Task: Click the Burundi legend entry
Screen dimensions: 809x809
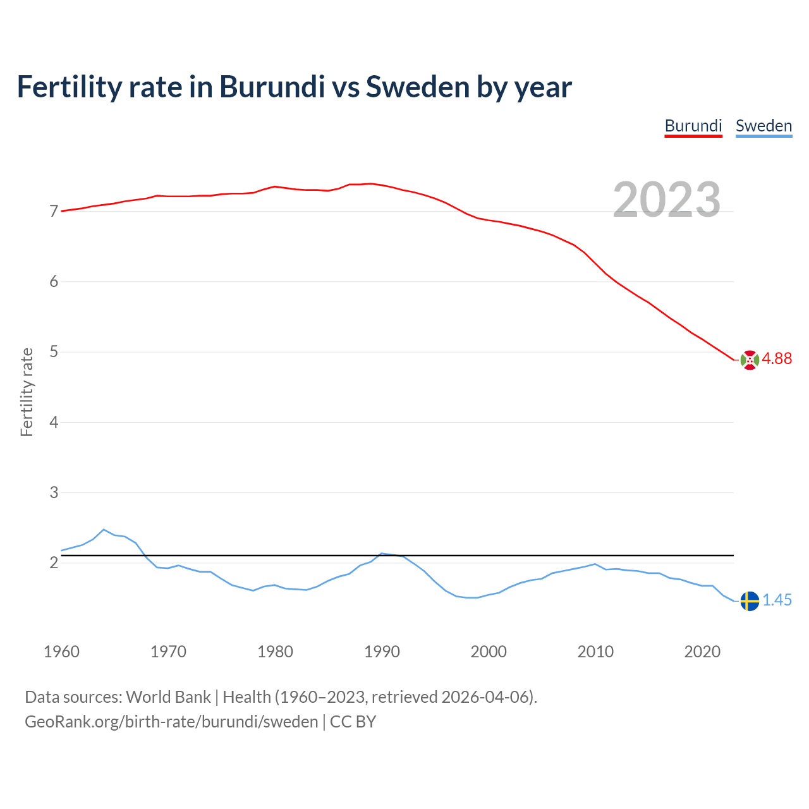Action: (x=693, y=126)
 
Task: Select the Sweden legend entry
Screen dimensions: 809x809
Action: (x=763, y=126)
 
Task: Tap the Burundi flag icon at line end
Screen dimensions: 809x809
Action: (x=750, y=360)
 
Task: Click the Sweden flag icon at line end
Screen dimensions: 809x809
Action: (x=750, y=601)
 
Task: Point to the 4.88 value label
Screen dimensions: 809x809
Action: (x=777, y=359)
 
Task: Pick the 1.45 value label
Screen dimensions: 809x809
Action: (x=777, y=600)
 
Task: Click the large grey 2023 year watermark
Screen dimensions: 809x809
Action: (x=667, y=200)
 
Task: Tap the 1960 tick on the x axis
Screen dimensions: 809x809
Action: (x=61, y=652)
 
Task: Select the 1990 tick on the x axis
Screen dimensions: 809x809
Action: (x=382, y=652)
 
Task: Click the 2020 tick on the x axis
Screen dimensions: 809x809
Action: (x=702, y=652)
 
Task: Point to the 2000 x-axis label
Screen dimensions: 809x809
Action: (x=489, y=652)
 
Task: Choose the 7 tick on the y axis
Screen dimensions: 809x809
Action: (x=54, y=211)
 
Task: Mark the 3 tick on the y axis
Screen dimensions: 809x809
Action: (x=54, y=492)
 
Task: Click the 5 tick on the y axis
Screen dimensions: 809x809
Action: (x=54, y=352)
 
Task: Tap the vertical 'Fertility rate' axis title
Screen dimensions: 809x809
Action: (x=27, y=392)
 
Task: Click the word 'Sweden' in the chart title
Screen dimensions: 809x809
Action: (x=417, y=87)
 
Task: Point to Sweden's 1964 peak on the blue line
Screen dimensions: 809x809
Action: (x=104, y=530)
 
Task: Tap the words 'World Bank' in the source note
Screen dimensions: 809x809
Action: (x=168, y=697)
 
